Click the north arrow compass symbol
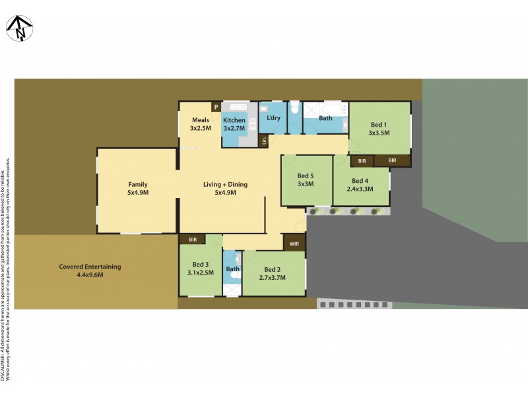18,28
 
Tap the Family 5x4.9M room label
138,188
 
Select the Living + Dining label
225,188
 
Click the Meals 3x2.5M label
201,123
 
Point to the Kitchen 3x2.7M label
234,123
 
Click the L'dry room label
273,118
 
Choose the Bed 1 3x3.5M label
379,128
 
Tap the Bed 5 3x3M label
306,180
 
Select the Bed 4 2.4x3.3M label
360,185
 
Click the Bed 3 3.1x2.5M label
201,268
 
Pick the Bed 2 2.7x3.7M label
273,273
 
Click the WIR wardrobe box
294,243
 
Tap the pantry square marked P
215,107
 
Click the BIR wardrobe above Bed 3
192,239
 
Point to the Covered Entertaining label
90,271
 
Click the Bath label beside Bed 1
325,118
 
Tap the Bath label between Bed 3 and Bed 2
232,269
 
